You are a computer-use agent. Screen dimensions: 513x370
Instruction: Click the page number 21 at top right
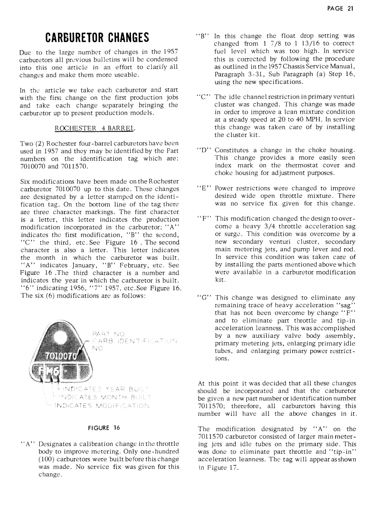(x=350, y=9)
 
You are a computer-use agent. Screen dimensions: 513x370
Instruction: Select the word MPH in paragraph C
(x=296, y=119)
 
